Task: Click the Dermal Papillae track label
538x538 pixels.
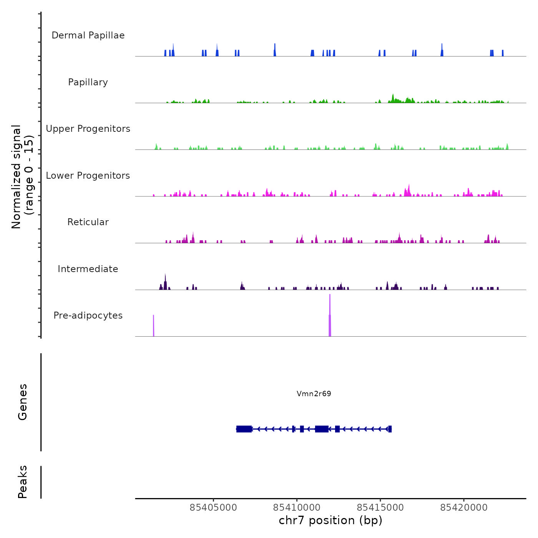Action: [x=88, y=35]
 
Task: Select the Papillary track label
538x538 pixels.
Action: [x=88, y=82]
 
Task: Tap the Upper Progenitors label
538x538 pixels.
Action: [x=88, y=129]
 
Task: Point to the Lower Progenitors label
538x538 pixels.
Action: [x=88, y=176]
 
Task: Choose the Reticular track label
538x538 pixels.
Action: [x=88, y=222]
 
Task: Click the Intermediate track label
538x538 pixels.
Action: [x=88, y=269]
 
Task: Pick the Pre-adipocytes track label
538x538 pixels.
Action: [x=88, y=315]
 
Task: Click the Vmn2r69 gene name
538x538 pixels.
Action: [x=314, y=394]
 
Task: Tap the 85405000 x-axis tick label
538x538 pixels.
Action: [x=213, y=508]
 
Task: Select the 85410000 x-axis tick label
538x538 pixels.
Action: [x=297, y=508]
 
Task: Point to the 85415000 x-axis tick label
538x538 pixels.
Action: [x=380, y=508]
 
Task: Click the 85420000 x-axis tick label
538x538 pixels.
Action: [x=463, y=508]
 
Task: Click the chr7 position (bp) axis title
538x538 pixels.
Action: [x=330, y=520]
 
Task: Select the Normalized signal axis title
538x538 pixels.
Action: [x=22, y=177]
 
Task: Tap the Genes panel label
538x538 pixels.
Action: [x=22, y=402]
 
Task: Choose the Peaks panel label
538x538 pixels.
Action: [x=22, y=482]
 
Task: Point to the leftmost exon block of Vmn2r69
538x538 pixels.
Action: [x=244, y=429]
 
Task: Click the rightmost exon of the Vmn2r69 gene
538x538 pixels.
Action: [x=390, y=429]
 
